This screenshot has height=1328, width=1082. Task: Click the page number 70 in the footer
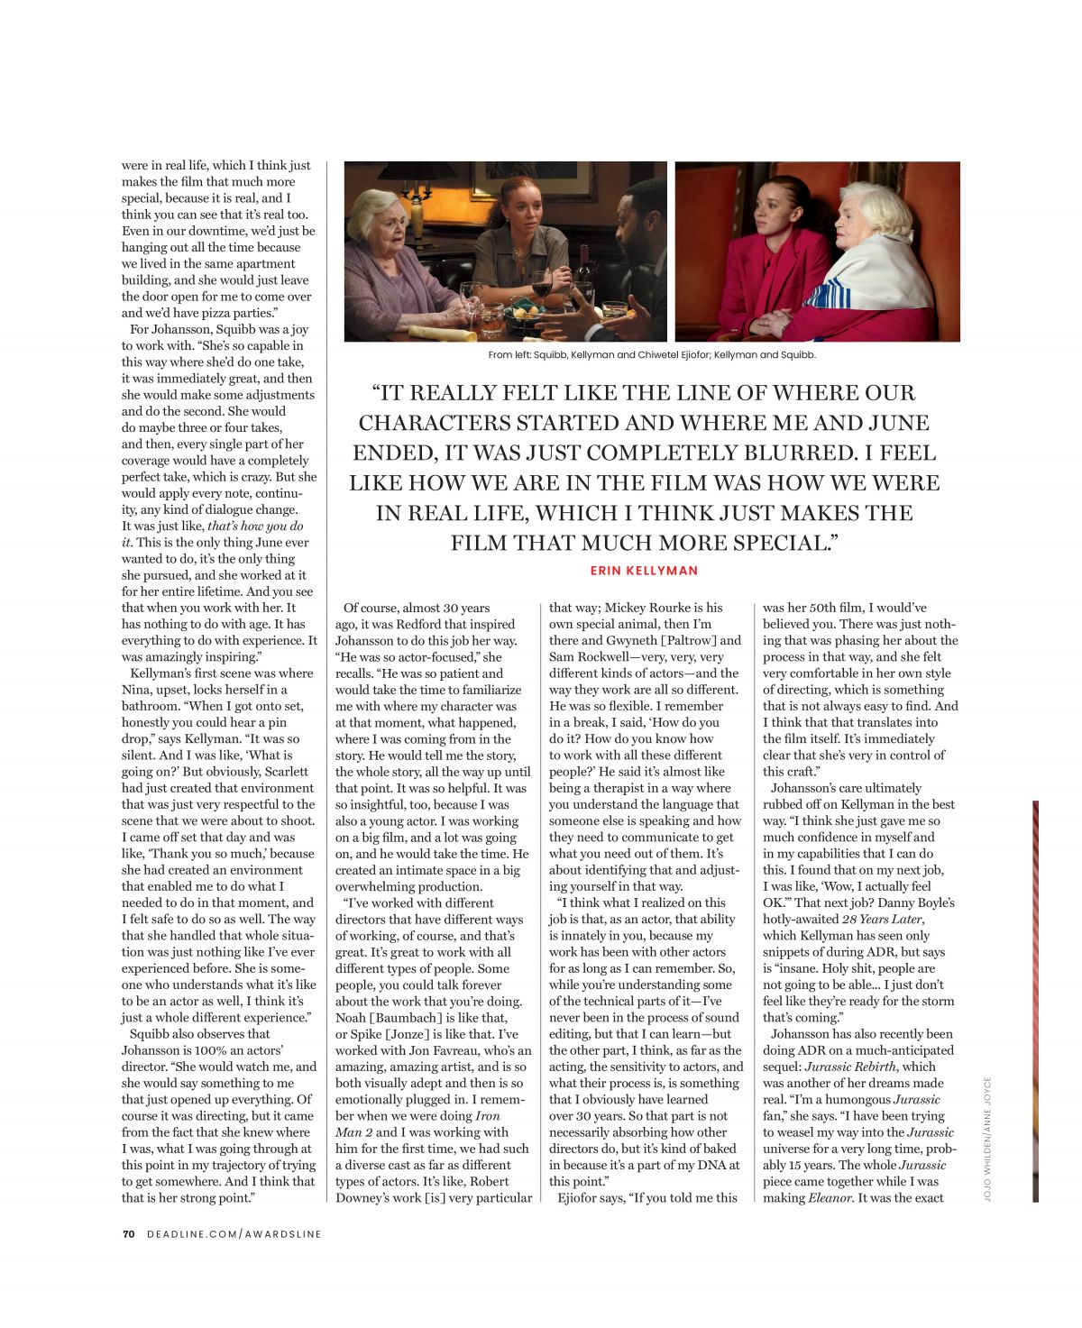[x=128, y=1233]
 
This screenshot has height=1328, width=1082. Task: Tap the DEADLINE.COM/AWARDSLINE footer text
[x=234, y=1233]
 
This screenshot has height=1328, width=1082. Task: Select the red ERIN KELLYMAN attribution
[x=644, y=571]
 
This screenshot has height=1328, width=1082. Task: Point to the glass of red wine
[x=541, y=287]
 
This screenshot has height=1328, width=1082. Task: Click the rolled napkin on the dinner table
[x=442, y=333]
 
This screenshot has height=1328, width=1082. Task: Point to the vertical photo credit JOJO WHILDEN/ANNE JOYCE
[x=987, y=1137]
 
